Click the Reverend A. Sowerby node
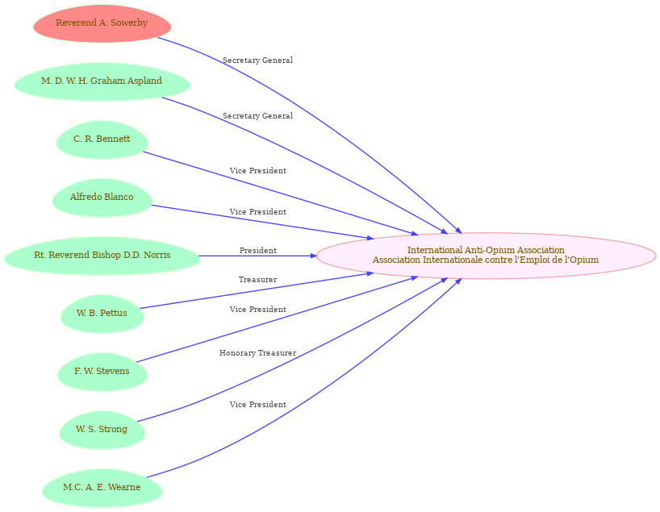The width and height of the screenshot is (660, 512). (x=102, y=23)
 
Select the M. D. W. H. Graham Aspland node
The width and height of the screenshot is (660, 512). (x=102, y=81)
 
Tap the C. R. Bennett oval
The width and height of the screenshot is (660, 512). (x=102, y=139)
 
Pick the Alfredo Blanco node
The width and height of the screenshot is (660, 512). (x=102, y=198)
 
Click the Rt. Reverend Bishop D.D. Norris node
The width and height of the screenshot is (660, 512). (x=102, y=256)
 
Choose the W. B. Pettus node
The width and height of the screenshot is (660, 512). (x=102, y=314)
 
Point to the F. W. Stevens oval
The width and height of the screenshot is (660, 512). (x=102, y=372)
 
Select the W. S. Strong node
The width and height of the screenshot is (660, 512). (x=102, y=430)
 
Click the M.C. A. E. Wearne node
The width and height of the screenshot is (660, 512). (x=102, y=488)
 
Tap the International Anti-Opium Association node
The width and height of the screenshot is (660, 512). (x=486, y=256)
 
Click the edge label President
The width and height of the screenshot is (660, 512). (x=258, y=251)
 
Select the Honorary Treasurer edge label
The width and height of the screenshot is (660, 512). (x=257, y=353)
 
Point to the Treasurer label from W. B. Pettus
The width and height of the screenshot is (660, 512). (x=257, y=280)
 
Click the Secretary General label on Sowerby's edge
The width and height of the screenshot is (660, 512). (x=257, y=60)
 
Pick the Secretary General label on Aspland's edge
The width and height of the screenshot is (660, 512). (x=257, y=116)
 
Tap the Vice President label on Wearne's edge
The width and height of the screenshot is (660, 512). (x=258, y=405)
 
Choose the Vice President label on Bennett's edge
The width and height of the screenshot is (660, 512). (x=258, y=171)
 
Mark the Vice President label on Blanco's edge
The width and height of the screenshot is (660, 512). (x=258, y=212)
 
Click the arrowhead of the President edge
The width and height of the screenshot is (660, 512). (x=313, y=256)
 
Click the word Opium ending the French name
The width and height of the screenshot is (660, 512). (x=586, y=260)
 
